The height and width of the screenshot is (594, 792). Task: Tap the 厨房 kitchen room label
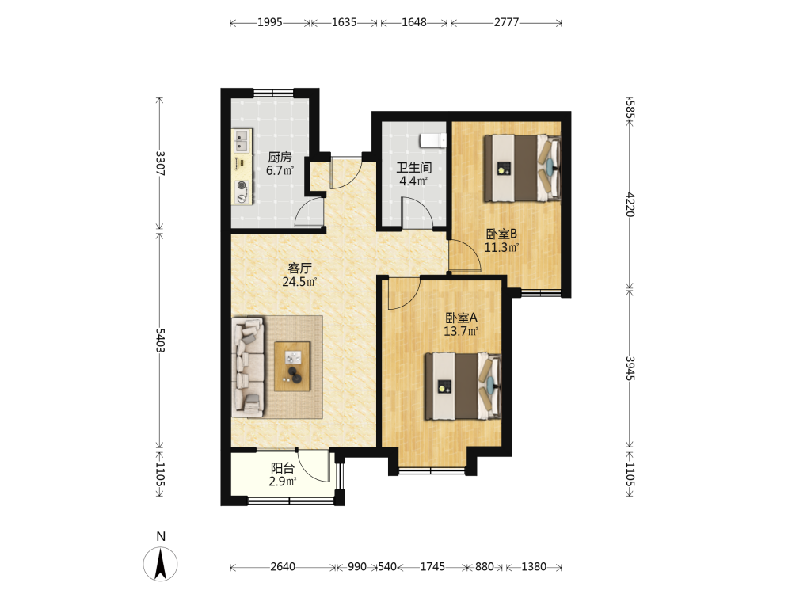tap(280, 157)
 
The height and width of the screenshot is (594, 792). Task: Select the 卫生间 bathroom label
tap(413, 168)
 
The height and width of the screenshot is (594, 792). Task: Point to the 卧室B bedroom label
tap(501, 234)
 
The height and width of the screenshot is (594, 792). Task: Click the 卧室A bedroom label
tap(461, 318)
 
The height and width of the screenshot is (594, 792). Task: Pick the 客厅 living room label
tap(299, 268)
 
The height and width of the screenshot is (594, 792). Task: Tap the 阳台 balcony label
tap(283, 468)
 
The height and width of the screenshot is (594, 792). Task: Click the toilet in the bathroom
tap(433, 140)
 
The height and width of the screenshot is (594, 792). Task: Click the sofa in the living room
tap(248, 367)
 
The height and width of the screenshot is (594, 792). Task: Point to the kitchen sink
tap(242, 141)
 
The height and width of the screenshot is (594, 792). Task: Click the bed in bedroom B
tap(523, 168)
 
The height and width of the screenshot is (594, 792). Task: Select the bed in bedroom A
tap(463, 386)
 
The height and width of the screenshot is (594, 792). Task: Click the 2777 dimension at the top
tap(506, 23)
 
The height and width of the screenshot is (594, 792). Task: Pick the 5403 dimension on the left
tap(160, 341)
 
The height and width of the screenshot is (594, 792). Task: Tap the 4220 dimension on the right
tap(630, 204)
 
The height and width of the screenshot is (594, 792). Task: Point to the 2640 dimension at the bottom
tap(283, 567)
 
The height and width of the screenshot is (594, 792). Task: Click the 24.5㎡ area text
tap(299, 282)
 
